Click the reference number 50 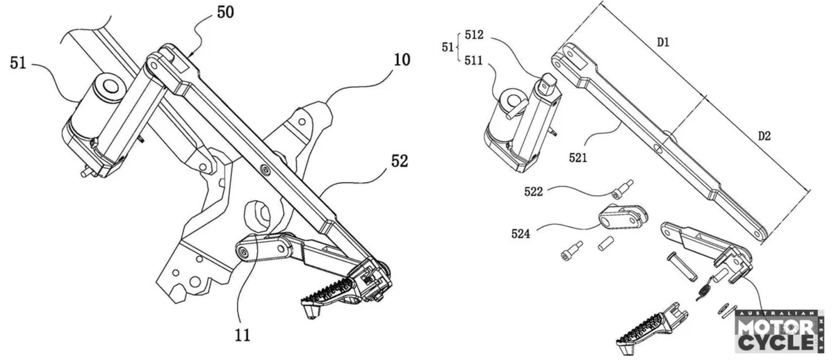226,13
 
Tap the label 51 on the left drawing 18,63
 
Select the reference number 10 402,60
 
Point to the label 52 400,161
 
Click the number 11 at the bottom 243,336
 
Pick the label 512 474,35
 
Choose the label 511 473,60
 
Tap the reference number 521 578,158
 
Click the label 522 533,192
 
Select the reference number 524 521,234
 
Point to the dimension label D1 663,42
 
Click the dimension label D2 764,136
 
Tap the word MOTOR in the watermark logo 776,328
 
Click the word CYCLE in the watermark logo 776,343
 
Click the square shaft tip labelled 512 546,82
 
